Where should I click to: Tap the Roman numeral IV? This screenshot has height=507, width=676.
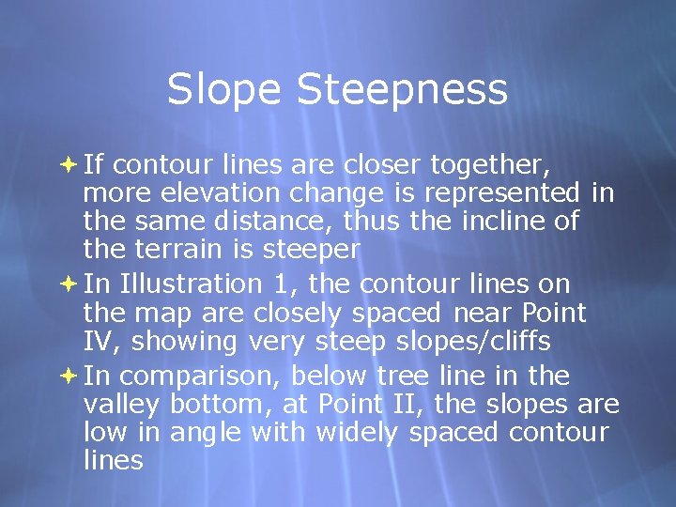tap(98, 340)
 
